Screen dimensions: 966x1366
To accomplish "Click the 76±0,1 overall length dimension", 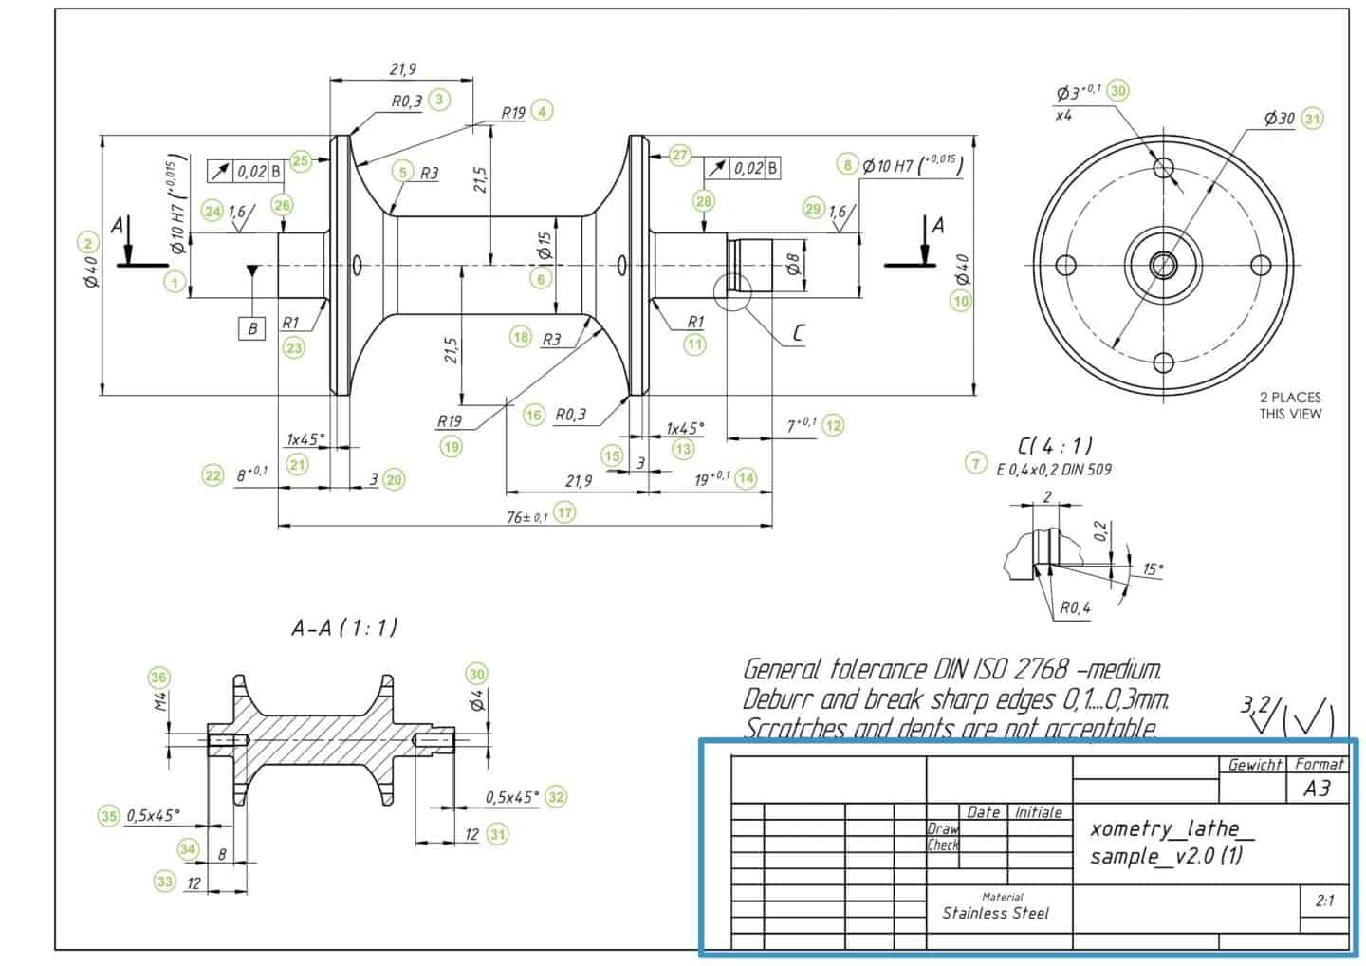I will [x=527, y=516].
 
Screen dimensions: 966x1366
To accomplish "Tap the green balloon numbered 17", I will [x=565, y=512].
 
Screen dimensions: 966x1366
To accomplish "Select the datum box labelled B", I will [x=251, y=329].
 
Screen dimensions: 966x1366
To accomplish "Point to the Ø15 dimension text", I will [x=544, y=248].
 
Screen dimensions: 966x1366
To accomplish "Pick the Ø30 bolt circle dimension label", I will [x=1279, y=119].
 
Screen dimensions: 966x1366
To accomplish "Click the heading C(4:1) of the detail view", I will [x=1054, y=443].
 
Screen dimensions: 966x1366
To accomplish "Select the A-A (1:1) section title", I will [x=344, y=627].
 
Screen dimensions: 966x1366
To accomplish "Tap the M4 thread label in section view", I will [x=160, y=701].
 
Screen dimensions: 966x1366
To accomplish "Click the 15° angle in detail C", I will [x=1153, y=569].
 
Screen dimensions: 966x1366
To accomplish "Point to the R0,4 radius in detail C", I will [x=1074, y=607].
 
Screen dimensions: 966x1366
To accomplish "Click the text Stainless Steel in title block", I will [x=995, y=913].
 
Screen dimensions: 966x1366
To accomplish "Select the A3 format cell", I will [x=1317, y=788].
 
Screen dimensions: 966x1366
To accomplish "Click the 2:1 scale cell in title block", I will [x=1324, y=901].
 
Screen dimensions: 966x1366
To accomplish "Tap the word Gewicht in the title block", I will [x=1254, y=765].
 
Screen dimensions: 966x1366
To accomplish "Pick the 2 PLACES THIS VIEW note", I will [x=1289, y=405].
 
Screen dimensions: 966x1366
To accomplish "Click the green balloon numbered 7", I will [x=975, y=463].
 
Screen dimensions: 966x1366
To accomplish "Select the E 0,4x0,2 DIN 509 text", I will [x=1053, y=469].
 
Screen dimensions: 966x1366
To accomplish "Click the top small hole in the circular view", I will [x=1163, y=167].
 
